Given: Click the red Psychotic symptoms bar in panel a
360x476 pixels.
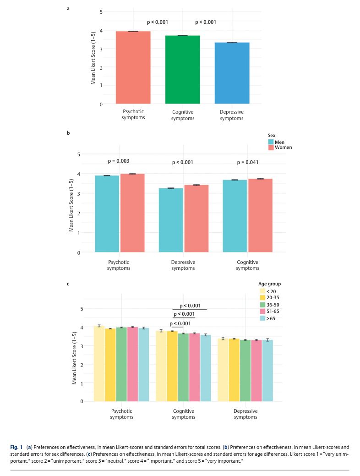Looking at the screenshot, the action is tap(133, 67).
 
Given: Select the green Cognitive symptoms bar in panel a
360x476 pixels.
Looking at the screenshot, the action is tap(182, 70).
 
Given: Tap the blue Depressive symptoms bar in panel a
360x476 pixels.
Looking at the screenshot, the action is tap(232, 73).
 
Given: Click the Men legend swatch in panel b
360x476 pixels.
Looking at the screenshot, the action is tap(271, 142).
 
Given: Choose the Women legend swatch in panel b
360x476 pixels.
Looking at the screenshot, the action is tap(271, 148).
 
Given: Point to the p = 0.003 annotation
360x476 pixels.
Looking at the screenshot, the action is tap(119, 161).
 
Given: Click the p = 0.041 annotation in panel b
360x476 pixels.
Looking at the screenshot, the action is tap(248, 163).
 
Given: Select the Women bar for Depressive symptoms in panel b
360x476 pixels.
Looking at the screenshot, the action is tap(196, 219).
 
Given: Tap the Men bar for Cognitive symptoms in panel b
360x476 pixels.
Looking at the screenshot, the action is tap(235, 216).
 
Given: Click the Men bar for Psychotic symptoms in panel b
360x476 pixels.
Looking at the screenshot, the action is tap(107, 214).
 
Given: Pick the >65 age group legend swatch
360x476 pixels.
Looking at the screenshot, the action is tap(263, 318).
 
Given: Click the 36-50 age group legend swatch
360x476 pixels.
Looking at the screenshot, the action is tap(263, 305).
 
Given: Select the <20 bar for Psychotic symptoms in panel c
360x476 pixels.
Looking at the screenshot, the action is tap(99, 364).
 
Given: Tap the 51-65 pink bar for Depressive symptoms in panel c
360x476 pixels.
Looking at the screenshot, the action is tap(256, 371).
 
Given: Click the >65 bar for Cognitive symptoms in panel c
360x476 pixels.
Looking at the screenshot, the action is tap(206, 368).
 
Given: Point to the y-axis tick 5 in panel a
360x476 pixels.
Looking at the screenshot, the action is tap(101, 12).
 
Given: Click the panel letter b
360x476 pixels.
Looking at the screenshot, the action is tap(68, 133).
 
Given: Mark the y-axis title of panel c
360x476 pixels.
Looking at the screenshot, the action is tap(74, 358).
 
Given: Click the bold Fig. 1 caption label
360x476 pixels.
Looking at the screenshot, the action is tap(16, 447).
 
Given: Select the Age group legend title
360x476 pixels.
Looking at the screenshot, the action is tap(270, 284).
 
